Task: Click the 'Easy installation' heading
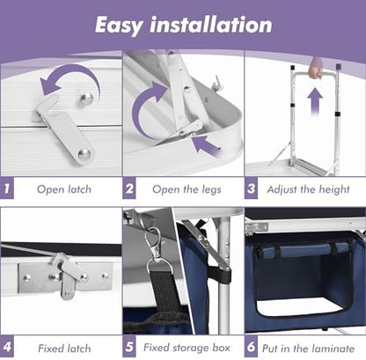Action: click(x=184, y=26)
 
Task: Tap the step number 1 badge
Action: click(x=7, y=188)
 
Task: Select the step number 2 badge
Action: click(x=129, y=188)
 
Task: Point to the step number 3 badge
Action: click(x=251, y=188)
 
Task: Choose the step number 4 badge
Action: click(x=7, y=347)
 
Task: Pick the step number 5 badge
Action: click(x=129, y=347)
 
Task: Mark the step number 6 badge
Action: click(x=251, y=347)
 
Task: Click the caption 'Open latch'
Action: click(x=64, y=189)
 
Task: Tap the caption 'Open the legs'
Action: click(x=187, y=189)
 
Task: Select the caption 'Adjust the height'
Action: click(x=308, y=189)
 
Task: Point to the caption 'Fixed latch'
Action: click(x=64, y=349)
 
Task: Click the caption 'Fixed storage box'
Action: click(x=187, y=348)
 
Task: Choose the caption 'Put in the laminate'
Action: click(x=308, y=349)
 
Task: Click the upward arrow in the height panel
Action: click(x=315, y=100)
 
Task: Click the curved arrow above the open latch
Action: click(x=69, y=78)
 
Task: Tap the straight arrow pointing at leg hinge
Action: click(x=205, y=144)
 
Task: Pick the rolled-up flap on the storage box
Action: click(x=302, y=250)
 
